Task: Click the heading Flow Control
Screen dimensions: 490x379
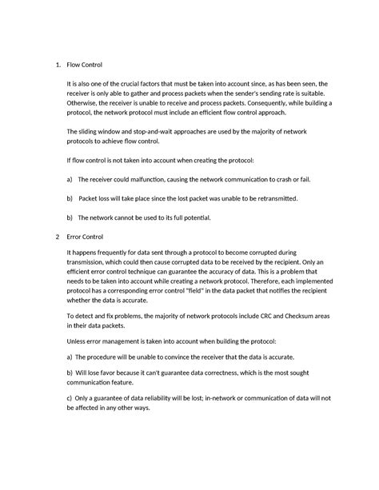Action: pyautogui.click(x=86, y=63)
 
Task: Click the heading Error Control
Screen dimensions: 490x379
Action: pyautogui.click(x=87, y=237)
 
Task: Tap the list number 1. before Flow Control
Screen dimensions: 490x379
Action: pyautogui.click(x=50, y=63)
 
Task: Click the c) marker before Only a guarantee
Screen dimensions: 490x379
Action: pyautogui.click(x=70, y=397)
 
